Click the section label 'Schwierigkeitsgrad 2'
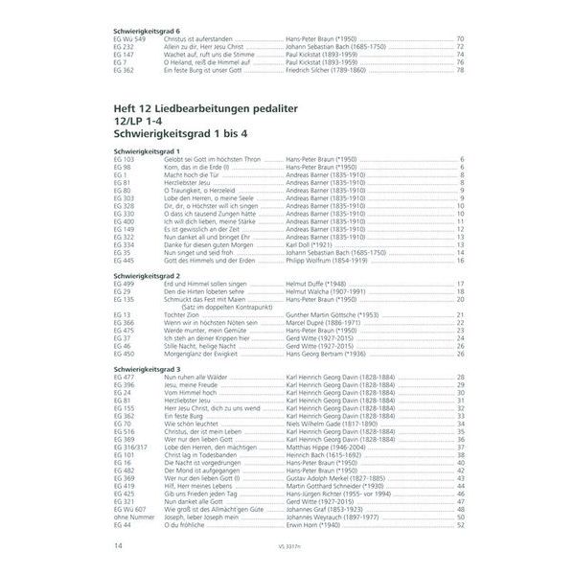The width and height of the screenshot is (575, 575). coord(144,275)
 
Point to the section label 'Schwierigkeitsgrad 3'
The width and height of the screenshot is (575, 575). coord(144,370)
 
